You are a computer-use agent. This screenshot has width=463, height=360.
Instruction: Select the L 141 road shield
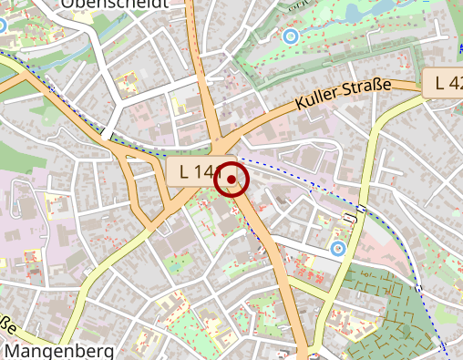[x=198, y=170]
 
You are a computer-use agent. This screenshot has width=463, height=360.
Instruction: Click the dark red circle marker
[x=231, y=180]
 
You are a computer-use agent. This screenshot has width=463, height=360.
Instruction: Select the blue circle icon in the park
[x=291, y=36]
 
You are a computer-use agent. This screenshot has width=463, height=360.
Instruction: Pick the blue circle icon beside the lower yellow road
[x=338, y=247]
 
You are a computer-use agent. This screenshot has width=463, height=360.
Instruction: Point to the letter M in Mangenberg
[x=12, y=351]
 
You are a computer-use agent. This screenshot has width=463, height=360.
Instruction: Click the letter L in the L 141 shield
[x=185, y=170]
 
